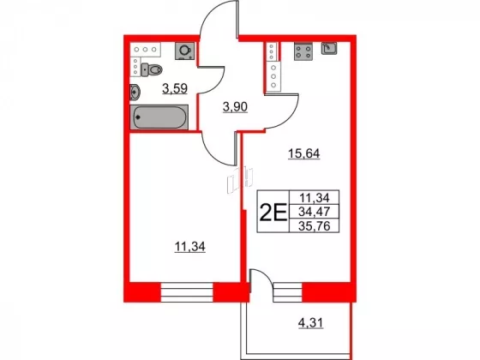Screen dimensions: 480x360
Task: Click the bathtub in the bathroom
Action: point(159,117)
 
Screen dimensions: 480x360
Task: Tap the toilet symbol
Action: point(152,69)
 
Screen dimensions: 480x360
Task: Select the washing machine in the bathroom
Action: point(184,51)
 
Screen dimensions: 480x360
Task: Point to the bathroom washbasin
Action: point(135,92)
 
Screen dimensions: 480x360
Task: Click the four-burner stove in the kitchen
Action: point(303,51)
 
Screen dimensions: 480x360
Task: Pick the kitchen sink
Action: point(329,48)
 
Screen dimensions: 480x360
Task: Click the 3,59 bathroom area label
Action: point(175,89)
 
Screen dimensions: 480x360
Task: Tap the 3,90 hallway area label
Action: point(235,107)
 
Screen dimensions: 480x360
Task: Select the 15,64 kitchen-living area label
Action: point(304,153)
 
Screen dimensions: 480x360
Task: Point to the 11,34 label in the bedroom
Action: point(189,247)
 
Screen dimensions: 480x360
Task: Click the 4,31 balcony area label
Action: point(310,323)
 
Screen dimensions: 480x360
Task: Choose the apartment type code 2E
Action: point(273,212)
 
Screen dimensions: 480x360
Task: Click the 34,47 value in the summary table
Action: point(315,212)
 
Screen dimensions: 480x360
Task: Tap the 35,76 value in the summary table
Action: point(315,226)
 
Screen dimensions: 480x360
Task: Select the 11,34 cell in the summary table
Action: point(315,198)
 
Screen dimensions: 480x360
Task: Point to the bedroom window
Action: point(187,292)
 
